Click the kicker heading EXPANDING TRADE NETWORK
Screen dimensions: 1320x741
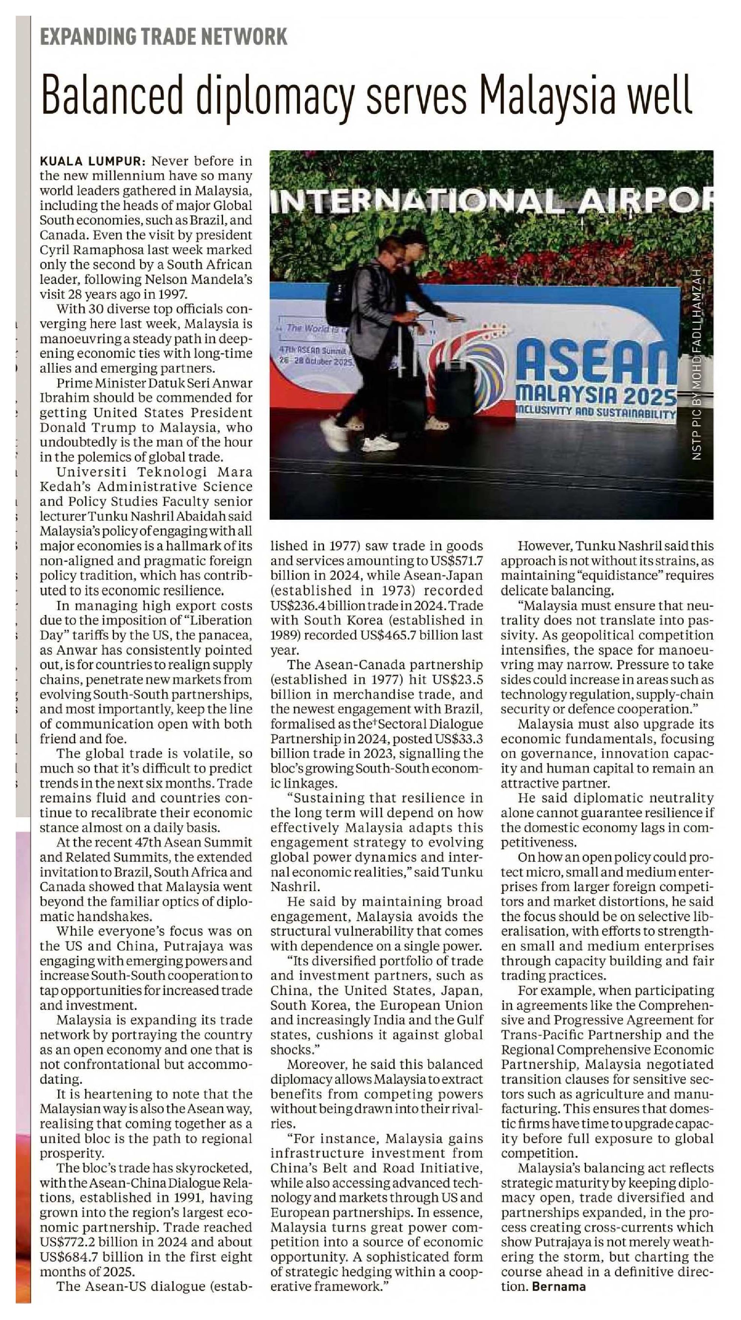pyautogui.click(x=163, y=37)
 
